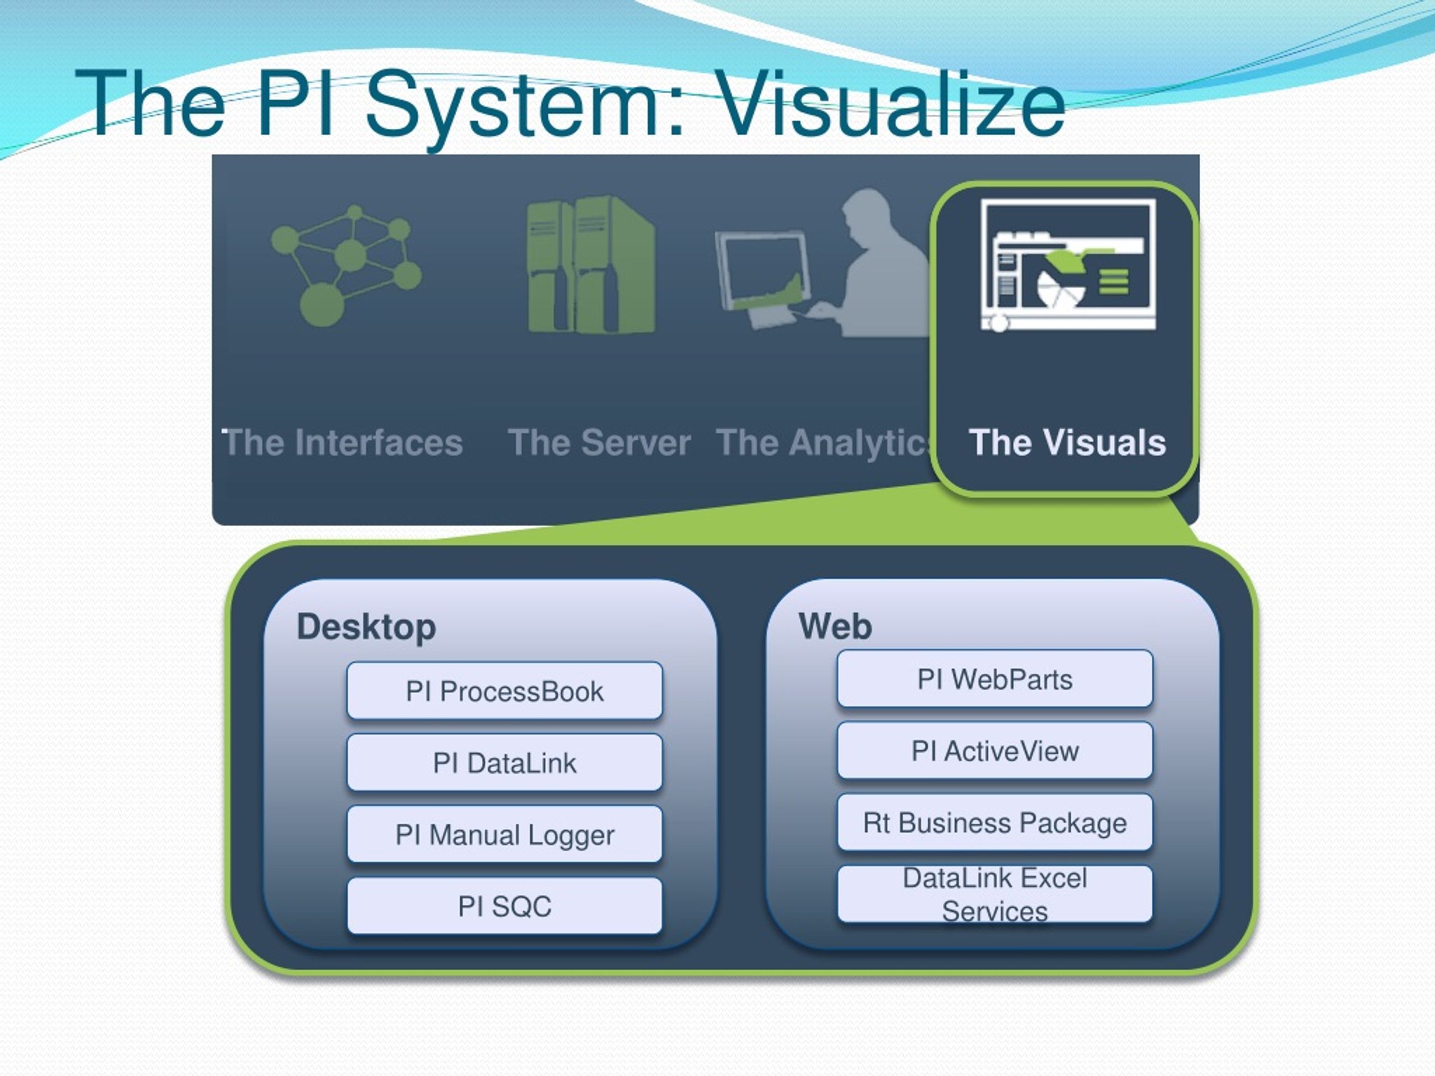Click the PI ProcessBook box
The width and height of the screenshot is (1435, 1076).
pos(504,691)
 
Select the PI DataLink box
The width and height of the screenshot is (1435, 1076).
pos(504,763)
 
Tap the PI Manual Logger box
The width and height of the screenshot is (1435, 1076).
pos(504,834)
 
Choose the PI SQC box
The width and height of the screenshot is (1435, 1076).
pos(504,906)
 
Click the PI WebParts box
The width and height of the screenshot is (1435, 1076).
pos(994,679)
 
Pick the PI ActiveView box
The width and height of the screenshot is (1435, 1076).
pos(994,751)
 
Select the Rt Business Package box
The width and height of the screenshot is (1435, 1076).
pos(994,822)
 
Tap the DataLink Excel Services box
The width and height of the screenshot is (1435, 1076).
pos(994,894)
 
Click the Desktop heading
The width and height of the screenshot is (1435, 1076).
pos(366,627)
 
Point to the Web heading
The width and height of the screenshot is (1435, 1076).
pos(835,627)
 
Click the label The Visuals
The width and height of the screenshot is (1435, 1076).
pos(1067,442)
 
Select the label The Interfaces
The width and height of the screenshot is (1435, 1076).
pos(342,442)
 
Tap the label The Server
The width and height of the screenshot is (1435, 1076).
pos(599,442)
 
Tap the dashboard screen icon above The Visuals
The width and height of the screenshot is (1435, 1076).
pos(1068,265)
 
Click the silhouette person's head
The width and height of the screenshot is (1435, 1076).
pos(867,211)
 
